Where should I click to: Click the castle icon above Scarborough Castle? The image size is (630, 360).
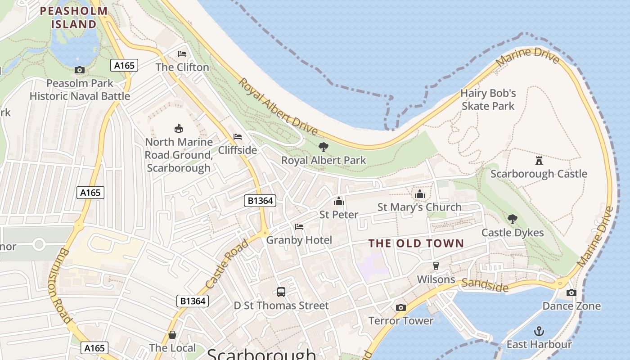coord(539,160)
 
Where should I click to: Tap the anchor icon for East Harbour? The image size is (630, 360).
coord(539,331)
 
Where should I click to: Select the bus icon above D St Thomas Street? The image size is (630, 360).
coord(281,292)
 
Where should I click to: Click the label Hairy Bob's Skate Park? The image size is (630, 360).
coord(488,100)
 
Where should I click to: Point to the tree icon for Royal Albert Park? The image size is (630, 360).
coord(323,147)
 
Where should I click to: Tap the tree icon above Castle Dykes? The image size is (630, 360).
coord(512,219)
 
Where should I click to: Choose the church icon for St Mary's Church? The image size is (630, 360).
coord(419,194)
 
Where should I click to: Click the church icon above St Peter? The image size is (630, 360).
coord(339,201)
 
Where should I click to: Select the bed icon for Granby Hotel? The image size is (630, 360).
coord(299,227)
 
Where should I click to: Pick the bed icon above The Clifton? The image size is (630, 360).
coord(182,54)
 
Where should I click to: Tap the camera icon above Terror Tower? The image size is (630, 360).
coord(400,308)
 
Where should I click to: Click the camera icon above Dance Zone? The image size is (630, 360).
coord(571,293)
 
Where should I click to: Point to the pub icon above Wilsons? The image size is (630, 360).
coord(436,266)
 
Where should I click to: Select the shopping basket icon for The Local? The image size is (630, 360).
coord(172,335)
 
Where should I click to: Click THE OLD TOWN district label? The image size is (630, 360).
coord(416,243)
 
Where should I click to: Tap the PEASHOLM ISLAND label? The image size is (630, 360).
coord(74,18)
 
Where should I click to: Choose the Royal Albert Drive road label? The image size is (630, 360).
coord(278,107)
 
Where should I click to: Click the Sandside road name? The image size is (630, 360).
coord(485,285)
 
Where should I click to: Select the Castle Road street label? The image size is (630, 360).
coord(227,264)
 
